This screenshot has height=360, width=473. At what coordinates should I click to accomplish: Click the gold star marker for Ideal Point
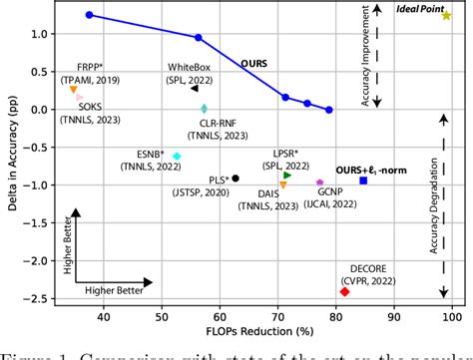click(446, 16)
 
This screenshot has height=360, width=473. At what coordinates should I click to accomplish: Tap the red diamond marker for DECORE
click(344, 291)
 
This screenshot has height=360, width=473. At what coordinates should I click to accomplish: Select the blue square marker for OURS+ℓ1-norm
click(363, 180)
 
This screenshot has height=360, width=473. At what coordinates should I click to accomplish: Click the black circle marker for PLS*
click(236, 179)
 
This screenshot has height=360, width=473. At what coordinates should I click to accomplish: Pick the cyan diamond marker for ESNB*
click(177, 157)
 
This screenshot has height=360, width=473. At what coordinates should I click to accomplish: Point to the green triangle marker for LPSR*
click(287, 175)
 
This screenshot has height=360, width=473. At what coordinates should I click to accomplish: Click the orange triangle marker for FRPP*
click(74, 90)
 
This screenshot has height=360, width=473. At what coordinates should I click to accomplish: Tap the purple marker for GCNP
click(319, 182)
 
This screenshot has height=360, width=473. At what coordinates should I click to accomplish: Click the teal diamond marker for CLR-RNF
click(204, 109)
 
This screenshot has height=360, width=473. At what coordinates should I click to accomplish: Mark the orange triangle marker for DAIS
click(282, 184)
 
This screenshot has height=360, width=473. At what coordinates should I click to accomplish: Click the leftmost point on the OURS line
click(89, 15)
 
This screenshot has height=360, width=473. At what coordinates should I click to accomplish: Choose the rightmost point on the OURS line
click(329, 110)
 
